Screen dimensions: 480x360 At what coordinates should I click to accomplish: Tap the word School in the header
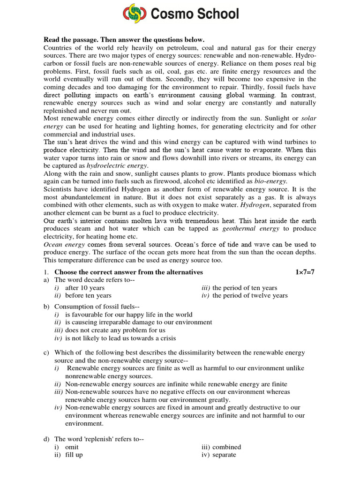[x=214, y=14]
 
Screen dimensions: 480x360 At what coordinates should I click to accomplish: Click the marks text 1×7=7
[x=306, y=272]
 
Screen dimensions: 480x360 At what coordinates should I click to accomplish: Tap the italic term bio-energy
[x=270, y=181]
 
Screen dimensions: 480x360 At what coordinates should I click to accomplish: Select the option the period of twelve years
[x=250, y=295]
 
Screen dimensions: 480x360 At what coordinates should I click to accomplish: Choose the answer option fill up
[x=74, y=455]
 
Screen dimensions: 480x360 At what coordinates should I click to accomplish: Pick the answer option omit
[x=72, y=447]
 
